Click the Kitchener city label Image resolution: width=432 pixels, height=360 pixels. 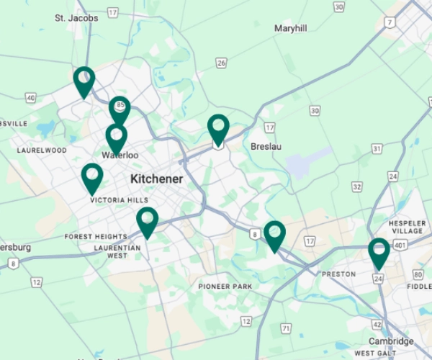(156, 179)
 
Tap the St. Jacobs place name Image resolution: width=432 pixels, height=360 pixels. (76, 17)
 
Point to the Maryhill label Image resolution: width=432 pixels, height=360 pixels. (290, 28)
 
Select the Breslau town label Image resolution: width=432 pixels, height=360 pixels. (266, 146)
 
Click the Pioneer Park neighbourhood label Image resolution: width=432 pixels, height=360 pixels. (225, 286)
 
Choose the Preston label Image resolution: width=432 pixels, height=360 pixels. (338, 274)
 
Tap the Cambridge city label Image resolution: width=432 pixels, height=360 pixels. (391, 341)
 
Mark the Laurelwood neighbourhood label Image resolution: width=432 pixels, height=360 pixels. (42, 150)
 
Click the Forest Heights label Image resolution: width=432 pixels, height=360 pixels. (95, 236)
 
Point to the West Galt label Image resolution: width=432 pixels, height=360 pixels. (375, 353)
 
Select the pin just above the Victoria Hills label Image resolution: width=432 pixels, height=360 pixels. (91, 177)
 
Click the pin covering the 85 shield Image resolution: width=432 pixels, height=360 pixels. (120, 109)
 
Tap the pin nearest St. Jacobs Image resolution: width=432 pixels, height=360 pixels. (84, 81)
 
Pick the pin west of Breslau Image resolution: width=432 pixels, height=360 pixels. (218, 129)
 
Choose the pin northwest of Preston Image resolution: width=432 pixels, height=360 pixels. (274, 235)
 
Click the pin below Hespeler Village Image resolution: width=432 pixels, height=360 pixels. (379, 252)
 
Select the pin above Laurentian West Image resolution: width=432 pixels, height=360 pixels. (147, 221)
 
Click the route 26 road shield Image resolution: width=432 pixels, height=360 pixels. (221, 63)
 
